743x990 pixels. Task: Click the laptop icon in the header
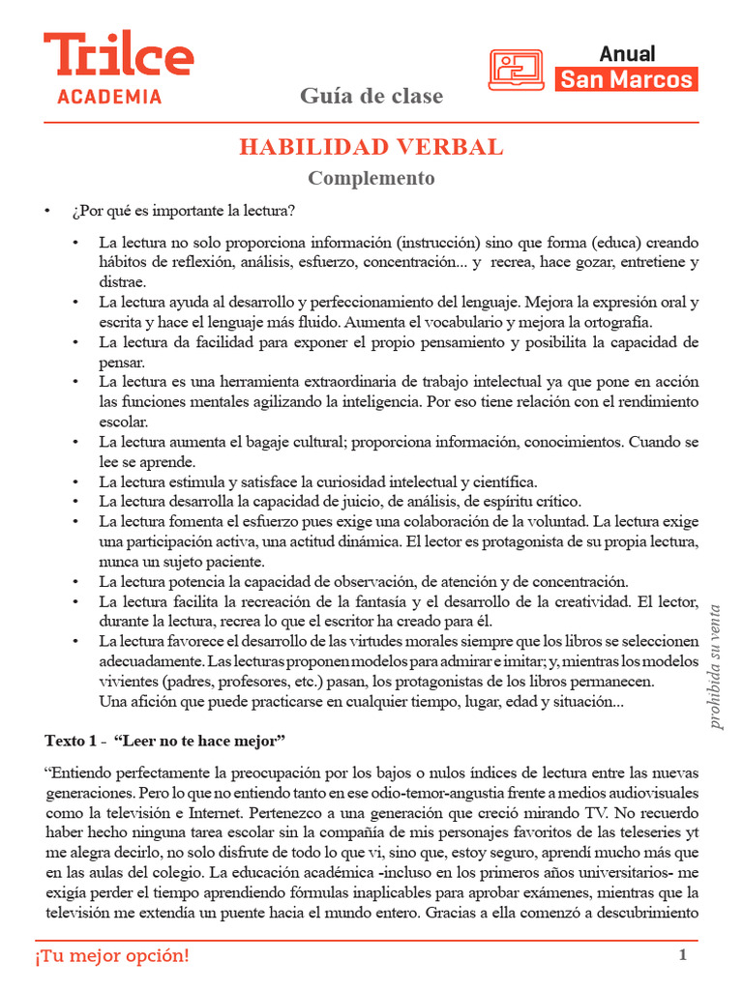(x=516, y=70)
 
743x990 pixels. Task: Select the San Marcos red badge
(x=627, y=79)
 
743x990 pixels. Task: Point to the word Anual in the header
(x=627, y=53)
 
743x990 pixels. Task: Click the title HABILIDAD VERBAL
(x=371, y=147)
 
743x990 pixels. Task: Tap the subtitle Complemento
(x=371, y=178)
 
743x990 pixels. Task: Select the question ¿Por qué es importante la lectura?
(x=184, y=211)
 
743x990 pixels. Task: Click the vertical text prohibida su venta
(x=716, y=666)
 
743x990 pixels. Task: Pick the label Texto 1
(x=72, y=741)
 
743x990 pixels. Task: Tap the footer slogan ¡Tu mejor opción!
(x=112, y=956)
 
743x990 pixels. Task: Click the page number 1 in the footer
(x=683, y=955)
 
